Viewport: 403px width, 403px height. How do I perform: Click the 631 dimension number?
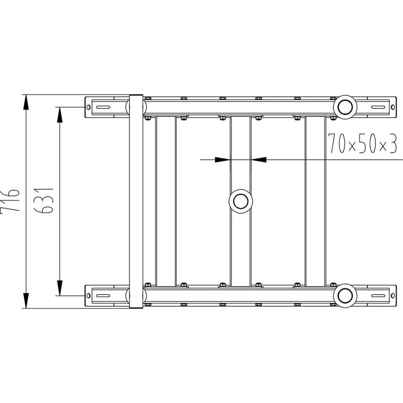pyautogui.click(x=44, y=201)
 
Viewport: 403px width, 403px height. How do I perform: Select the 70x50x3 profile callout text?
pyautogui.click(x=363, y=143)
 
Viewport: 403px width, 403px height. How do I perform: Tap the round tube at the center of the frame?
pyautogui.click(x=241, y=201)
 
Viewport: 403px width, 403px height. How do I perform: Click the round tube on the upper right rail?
pyautogui.click(x=345, y=107)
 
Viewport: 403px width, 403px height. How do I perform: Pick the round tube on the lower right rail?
pyautogui.click(x=345, y=296)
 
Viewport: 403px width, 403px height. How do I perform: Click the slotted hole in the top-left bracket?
pyautogui.click(x=103, y=107)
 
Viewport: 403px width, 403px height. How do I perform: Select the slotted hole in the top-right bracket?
pyautogui.click(x=378, y=107)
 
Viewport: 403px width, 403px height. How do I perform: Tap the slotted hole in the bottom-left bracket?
pyautogui.click(x=103, y=296)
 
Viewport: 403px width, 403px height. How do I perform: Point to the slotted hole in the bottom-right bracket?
pyautogui.click(x=378, y=296)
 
